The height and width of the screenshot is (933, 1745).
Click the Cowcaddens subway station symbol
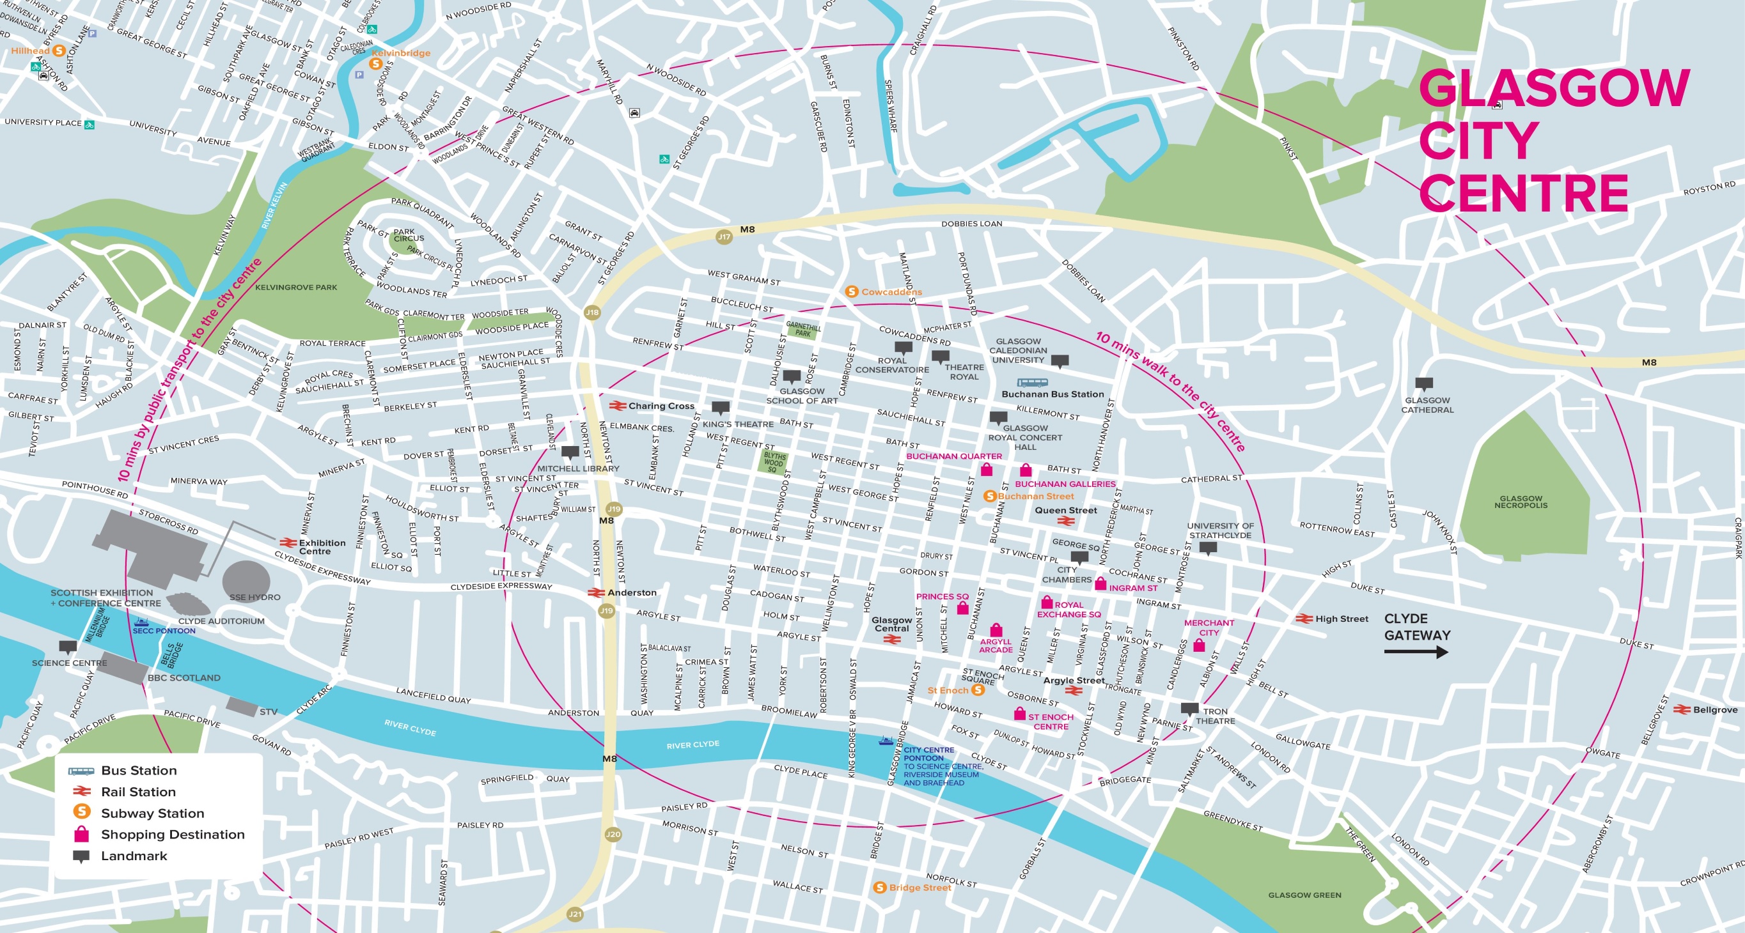(x=852, y=292)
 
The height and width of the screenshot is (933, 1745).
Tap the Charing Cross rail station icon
(x=617, y=406)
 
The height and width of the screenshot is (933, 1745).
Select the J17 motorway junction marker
(x=724, y=237)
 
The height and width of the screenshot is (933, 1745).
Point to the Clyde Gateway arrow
(x=1416, y=652)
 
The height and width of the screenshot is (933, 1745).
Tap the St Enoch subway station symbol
(x=977, y=690)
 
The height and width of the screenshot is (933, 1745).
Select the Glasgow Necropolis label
(x=1521, y=502)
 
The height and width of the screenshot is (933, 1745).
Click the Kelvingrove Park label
(x=296, y=287)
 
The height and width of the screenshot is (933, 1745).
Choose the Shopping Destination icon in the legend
(x=81, y=834)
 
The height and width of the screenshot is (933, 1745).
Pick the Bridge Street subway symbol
(x=879, y=887)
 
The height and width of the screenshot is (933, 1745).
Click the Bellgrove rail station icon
(x=1681, y=709)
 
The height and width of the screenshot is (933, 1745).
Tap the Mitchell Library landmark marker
(x=570, y=453)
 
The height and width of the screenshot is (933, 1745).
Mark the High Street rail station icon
(x=1303, y=619)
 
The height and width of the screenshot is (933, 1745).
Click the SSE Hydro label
(x=254, y=597)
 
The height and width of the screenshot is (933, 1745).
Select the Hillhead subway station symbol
(x=59, y=50)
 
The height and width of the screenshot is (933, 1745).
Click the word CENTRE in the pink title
(x=1524, y=194)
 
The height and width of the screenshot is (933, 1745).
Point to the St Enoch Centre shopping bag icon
(x=1019, y=714)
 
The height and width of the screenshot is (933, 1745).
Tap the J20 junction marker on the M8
(x=613, y=834)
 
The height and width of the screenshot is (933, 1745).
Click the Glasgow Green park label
(x=1304, y=895)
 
